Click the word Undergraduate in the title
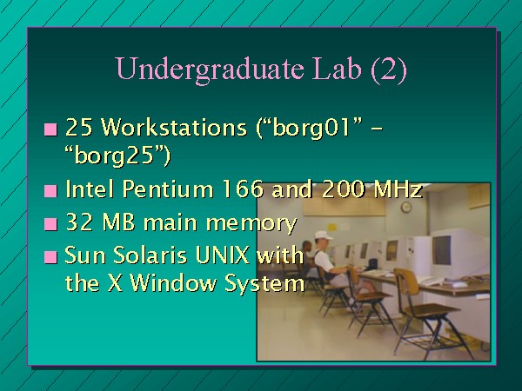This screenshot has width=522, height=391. tap(210, 70)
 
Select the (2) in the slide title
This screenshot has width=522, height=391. tap(388, 70)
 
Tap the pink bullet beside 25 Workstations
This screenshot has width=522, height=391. tap(50, 129)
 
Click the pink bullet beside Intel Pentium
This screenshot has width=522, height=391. tap(50, 191)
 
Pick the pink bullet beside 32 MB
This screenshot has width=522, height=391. tap(50, 224)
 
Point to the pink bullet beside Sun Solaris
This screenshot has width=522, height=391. tap(50, 257)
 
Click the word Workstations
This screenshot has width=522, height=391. tap(173, 127)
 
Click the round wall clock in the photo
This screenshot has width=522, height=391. tap(406, 207)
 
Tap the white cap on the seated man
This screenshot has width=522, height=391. tap(323, 235)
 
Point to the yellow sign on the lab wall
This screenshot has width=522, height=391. tap(332, 228)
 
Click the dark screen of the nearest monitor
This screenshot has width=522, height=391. tap(442, 250)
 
